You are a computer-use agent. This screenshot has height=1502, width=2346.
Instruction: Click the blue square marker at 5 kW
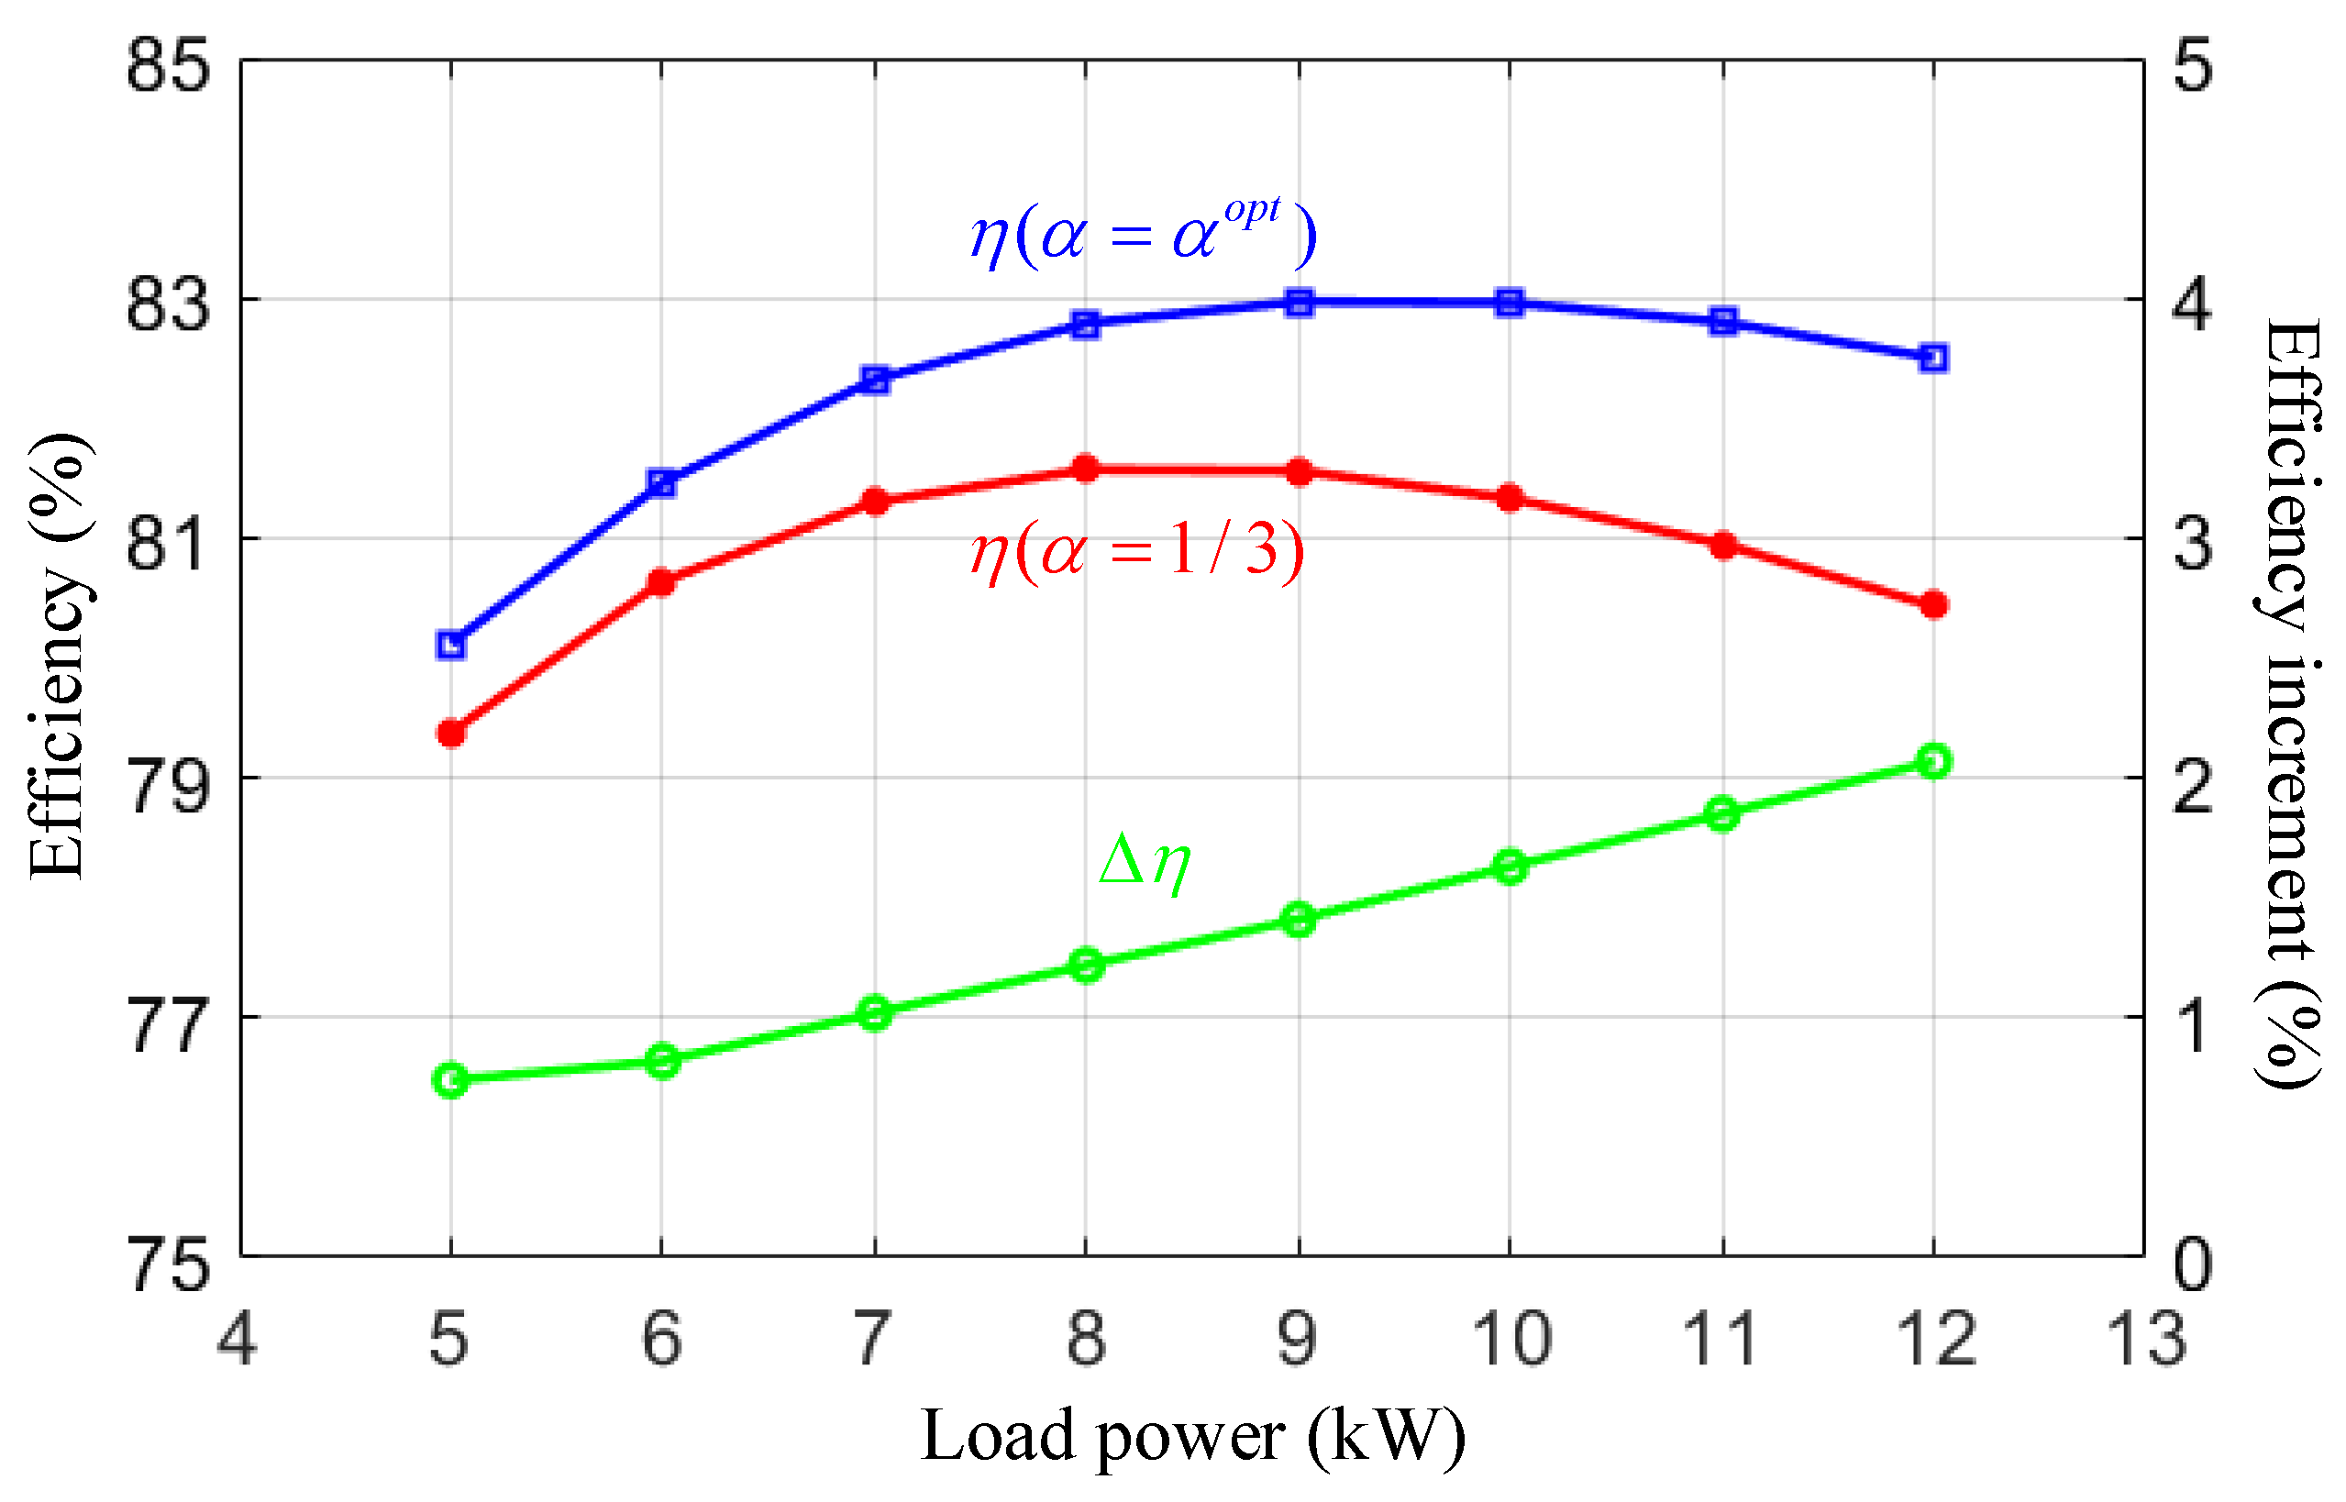click(450, 645)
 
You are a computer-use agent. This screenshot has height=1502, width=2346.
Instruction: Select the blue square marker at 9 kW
click(1299, 303)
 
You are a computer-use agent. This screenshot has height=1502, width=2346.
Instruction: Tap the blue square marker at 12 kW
click(1933, 358)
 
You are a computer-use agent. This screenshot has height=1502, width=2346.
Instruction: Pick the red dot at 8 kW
click(1086, 469)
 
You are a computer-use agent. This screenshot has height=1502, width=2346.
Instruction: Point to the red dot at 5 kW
click(450, 733)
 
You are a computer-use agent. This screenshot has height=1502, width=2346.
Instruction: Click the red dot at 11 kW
click(1723, 545)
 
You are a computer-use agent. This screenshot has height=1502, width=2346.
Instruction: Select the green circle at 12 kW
click(1933, 761)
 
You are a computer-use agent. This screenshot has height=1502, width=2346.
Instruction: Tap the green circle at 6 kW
click(662, 1060)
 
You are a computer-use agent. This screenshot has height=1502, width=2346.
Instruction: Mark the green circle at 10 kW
click(1510, 867)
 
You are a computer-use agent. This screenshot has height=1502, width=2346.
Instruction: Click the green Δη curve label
click(1145, 862)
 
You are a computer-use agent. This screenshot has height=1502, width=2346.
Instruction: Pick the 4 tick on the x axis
click(237, 1338)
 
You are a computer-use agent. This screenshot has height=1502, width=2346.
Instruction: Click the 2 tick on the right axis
click(2193, 784)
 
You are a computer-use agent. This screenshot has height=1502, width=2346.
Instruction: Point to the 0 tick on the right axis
click(2193, 1264)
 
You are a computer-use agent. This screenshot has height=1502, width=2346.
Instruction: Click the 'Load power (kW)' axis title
click(1192, 1438)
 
